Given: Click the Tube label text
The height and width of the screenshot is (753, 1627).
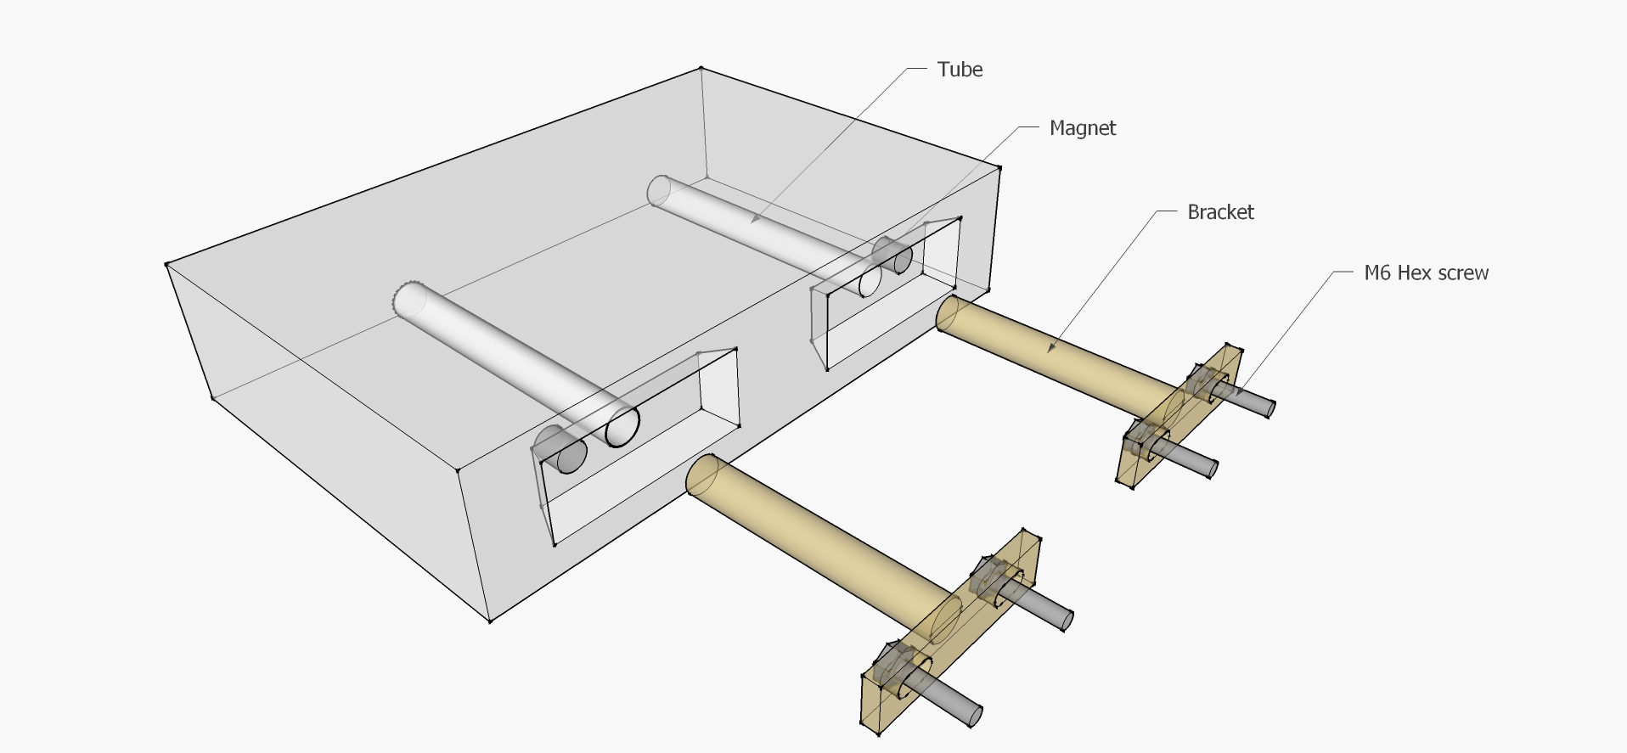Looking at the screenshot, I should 960,70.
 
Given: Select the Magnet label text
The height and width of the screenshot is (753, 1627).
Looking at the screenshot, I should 1082,128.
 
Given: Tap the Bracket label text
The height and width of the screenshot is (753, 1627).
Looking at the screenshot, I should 1219,212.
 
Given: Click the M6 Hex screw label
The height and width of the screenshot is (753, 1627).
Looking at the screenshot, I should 1426,273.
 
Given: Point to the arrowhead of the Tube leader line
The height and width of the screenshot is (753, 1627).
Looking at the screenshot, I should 752,221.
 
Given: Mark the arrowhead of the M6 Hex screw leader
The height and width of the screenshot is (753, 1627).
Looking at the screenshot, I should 1239,392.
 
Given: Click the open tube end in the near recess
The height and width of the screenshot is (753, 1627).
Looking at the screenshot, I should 622,427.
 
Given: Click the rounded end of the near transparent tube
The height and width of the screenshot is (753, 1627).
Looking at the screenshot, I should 409,298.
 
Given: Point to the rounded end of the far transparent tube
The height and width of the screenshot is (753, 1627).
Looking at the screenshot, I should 660,190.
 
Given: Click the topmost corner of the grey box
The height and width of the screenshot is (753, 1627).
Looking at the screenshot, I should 701,68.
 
